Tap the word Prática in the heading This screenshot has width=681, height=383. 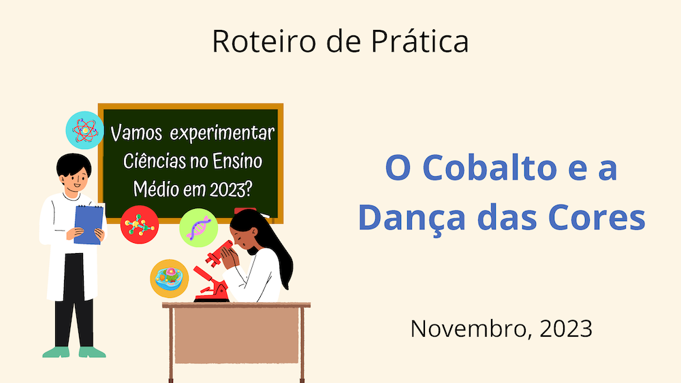point(419,41)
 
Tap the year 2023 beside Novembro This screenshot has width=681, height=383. point(566,329)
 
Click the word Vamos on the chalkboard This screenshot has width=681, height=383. point(136,133)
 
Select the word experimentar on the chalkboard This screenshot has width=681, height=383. point(223,134)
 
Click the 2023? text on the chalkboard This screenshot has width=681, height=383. point(231,189)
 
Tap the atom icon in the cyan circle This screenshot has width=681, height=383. point(85,130)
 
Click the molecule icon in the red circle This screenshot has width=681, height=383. point(140,224)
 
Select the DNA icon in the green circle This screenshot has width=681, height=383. point(198,228)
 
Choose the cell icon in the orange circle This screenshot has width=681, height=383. point(170,278)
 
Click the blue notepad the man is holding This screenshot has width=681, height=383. point(89,224)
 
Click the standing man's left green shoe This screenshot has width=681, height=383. point(56,352)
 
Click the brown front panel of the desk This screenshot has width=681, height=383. point(236,336)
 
